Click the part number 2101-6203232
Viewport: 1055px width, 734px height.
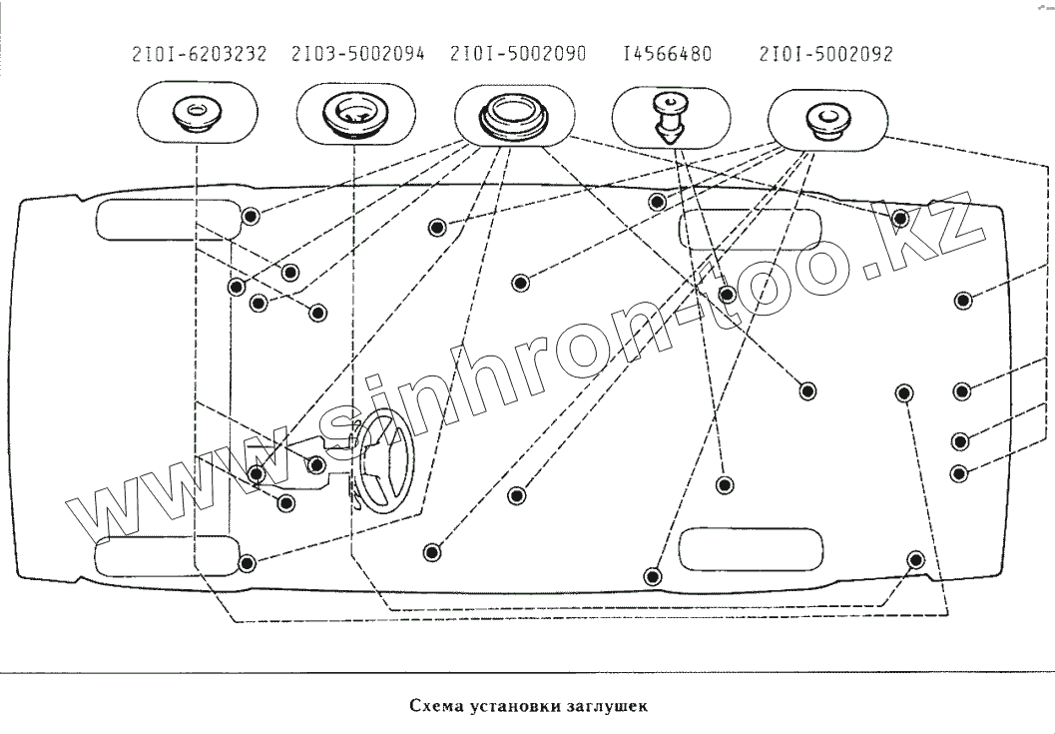[x=199, y=54]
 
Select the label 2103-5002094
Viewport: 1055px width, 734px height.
[x=358, y=54]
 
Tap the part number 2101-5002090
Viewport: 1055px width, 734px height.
[x=518, y=54]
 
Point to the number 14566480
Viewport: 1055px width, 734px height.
[x=667, y=54]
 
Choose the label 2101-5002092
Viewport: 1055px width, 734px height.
[x=825, y=54]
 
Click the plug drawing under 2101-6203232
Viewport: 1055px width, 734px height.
[x=196, y=112]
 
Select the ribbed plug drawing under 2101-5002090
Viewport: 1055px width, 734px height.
[x=516, y=114]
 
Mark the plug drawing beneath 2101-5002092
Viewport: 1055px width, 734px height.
[x=826, y=117]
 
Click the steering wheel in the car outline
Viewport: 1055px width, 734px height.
[x=385, y=464]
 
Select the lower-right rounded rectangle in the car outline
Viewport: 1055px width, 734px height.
[x=751, y=548]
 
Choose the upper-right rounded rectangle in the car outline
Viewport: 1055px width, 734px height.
[x=751, y=230]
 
